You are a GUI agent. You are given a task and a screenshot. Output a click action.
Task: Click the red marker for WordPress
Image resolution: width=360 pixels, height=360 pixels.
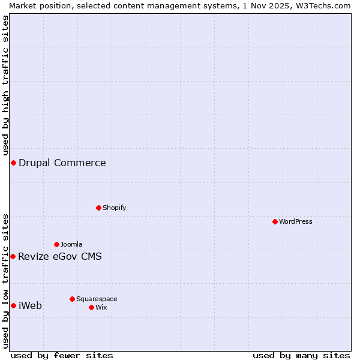coord(275,221)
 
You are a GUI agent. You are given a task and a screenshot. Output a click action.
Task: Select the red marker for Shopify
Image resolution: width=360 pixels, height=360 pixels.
coord(98,208)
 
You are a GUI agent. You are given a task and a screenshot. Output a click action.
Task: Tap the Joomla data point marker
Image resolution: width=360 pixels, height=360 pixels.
coord(56,244)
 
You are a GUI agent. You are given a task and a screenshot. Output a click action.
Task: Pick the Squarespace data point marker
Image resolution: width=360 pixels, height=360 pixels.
coord(72,299)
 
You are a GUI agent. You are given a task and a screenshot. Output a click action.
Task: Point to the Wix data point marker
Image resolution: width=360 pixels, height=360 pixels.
coord(91,307)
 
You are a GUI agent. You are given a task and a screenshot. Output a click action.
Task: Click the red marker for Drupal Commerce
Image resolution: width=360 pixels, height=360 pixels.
coord(13,163)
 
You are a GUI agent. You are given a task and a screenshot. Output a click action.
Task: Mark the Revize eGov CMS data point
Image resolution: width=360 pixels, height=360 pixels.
coord(13,256)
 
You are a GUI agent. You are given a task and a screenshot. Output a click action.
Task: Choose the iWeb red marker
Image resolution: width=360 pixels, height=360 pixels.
coord(13,305)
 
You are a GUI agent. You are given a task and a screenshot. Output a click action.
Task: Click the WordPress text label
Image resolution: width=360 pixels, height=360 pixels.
coord(296,221)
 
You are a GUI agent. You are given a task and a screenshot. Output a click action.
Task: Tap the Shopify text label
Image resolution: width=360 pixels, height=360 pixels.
coord(114,208)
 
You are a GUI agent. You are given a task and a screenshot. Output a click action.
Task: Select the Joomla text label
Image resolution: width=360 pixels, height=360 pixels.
coord(71,244)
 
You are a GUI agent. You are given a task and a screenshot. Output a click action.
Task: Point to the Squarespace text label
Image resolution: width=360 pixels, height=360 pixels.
coord(97,299)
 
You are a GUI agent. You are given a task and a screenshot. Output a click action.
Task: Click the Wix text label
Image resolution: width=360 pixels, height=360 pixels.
coord(101,307)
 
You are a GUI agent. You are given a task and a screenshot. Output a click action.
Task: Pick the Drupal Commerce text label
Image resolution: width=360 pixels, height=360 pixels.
coord(62,163)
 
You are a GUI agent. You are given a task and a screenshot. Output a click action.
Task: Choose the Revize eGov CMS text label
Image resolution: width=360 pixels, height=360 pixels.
coord(60,257)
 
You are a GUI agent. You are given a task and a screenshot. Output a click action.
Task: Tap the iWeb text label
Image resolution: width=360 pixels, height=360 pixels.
coord(31,306)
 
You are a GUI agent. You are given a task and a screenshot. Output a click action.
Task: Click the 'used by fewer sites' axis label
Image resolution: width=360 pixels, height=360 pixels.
coord(62,355)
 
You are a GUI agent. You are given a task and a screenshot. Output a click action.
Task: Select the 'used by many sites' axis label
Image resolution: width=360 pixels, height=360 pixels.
coord(301,355)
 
